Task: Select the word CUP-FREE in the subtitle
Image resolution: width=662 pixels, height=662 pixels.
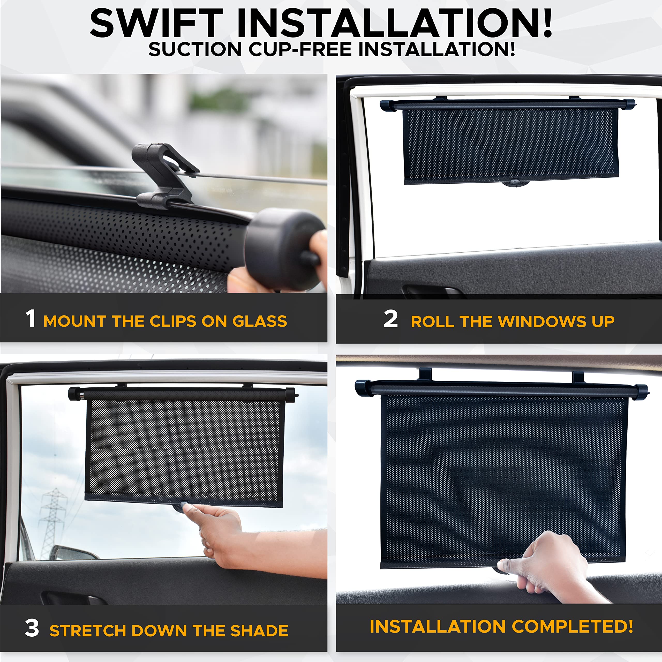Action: pyautogui.click(x=300, y=49)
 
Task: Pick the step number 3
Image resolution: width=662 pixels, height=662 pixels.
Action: pyautogui.click(x=32, y=628)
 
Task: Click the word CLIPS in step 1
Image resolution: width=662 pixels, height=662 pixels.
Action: pyautogui.click(x=173, y=321)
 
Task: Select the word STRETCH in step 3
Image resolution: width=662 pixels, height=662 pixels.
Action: pyautogui.click(x=87, y=631)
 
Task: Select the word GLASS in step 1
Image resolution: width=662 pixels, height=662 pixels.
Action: pyautogui.click(x=259, y=321)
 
